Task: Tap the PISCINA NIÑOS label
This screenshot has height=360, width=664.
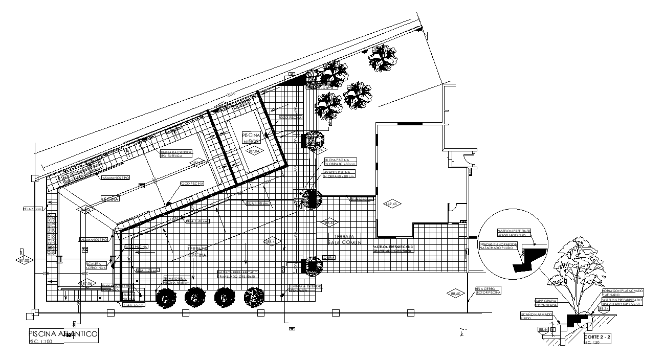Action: coord(251,137)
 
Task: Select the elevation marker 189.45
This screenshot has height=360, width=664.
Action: coord(393,204)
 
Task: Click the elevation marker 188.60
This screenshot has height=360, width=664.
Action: coord(455,294)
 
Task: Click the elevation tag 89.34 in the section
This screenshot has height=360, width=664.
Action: coord(604,308)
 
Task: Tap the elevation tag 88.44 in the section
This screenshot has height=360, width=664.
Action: coord(543,330)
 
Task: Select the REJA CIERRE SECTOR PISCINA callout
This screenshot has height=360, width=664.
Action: coord(488,290)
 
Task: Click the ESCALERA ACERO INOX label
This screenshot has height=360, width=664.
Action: coord(96,265)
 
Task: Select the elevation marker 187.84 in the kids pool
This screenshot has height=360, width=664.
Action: coord(254,151)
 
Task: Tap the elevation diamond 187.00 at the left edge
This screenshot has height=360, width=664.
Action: coord(24,260)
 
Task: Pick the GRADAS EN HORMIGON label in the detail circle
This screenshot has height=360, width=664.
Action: coord(499,246)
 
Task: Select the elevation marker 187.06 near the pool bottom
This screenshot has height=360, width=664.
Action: coord(85,283)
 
